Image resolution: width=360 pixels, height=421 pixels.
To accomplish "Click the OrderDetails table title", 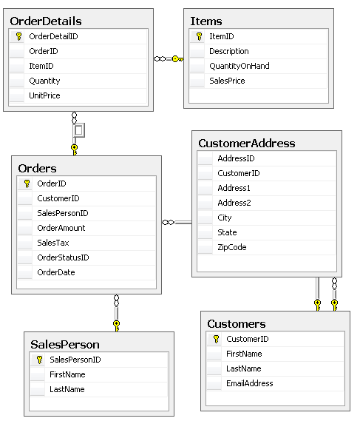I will click(46, 21).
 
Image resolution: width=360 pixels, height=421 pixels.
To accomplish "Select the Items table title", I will click(206, 21).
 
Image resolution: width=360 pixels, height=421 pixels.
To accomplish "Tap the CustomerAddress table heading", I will click(246, 143).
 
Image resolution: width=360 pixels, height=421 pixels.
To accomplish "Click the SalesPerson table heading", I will click(65, 344).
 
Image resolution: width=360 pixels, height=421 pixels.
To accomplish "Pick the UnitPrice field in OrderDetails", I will click(44, 95).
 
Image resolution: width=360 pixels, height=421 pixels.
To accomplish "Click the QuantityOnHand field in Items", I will click(239, 66).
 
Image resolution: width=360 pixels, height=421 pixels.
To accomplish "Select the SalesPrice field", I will click(226, 81).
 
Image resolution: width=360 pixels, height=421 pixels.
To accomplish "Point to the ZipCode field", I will click(231, 247).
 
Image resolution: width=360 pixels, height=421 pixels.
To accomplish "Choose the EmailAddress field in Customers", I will click(249, 383).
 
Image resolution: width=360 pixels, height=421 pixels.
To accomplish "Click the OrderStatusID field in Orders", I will click(63, 257).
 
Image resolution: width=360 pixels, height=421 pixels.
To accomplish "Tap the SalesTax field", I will click(53, 243).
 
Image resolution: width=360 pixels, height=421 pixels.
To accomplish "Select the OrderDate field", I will click(56, 272).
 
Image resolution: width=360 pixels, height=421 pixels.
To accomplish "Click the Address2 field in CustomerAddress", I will click(234, 203).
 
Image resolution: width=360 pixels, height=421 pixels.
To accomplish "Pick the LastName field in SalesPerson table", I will click(67, 389).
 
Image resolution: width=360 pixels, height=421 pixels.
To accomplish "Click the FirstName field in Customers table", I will click(244, 354).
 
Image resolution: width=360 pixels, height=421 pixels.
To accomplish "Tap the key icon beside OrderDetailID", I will click(18, 36).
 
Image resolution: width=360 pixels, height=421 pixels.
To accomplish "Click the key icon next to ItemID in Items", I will click(199, 36).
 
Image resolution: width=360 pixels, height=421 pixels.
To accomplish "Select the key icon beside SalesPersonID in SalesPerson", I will click(39, 360).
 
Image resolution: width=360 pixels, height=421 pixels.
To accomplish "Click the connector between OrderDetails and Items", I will click(168, 58).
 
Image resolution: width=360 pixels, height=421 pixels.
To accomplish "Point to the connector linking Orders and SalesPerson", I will click(116, 311).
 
